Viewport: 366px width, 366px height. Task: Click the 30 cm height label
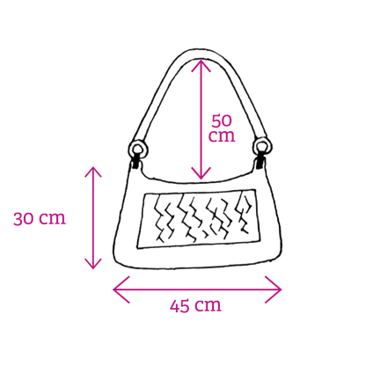pos(40,218)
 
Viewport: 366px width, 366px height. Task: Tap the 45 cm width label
pos(195,305)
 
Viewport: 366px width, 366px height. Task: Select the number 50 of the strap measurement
pos(222,121)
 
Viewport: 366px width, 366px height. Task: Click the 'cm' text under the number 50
pos(222,136)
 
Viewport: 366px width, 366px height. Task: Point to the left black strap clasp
pos(135,163)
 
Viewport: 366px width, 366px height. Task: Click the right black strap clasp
pos(260,163)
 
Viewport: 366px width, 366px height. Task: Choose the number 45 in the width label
pos(179,306)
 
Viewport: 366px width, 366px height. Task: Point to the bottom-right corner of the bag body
pos(281,256)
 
